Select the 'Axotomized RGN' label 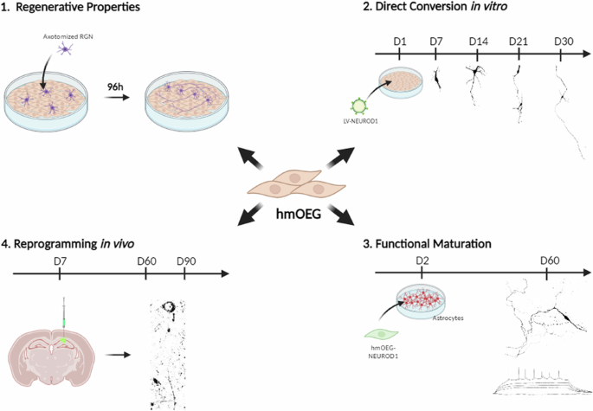point(65,39)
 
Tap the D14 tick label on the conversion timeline point(478,41)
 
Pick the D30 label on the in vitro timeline point(563,41)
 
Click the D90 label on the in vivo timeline point(186,260)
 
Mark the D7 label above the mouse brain point(58,260)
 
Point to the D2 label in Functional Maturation point(422,260)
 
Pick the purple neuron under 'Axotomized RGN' point(64,54)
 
